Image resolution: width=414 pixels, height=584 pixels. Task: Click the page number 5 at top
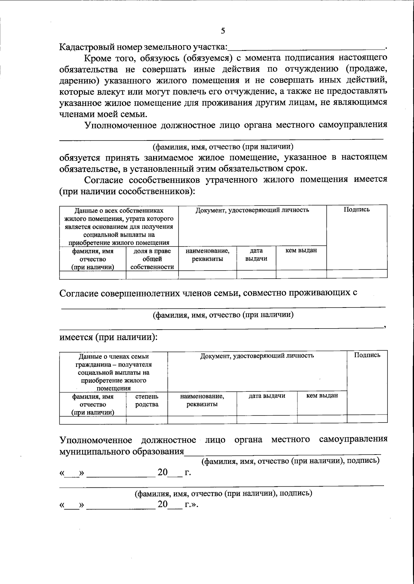coord(223,31)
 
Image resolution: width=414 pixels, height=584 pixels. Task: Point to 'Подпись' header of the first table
coord(356,210)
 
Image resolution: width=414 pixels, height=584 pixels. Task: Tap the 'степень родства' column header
coord(147,400)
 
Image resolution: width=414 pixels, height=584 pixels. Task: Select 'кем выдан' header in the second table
coord(322,396)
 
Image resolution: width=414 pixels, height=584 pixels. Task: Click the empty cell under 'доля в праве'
coord(152,275)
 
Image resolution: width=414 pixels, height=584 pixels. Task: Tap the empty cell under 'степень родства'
coord(147,420)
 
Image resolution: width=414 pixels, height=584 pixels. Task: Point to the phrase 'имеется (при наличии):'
coord(108,337)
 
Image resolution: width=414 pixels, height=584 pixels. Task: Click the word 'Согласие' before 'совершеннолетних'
coord(79,293)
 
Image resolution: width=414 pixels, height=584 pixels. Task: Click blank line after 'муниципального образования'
coord(282,451)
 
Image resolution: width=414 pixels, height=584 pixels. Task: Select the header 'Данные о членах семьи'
coord(114,357)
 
